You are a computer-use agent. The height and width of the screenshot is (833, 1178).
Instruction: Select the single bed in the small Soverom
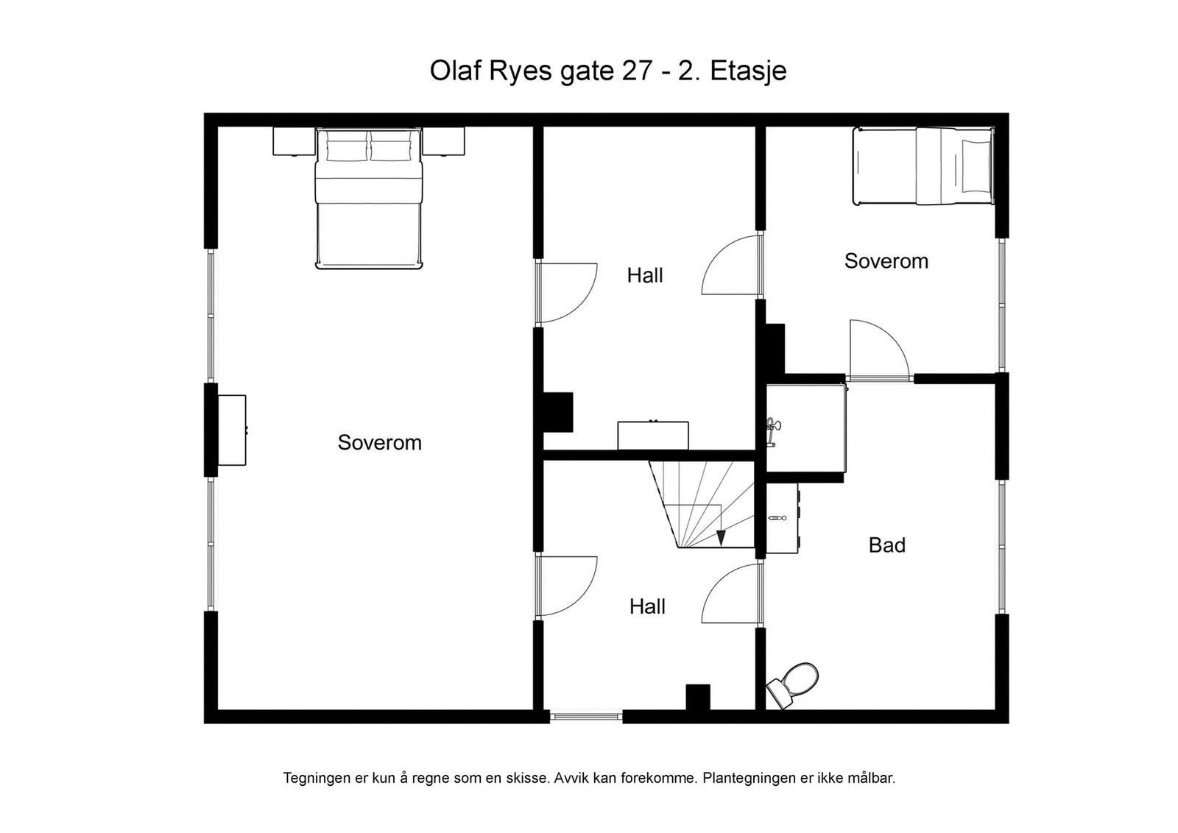[922, 166]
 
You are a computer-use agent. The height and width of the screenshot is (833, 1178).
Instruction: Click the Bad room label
[886, 545]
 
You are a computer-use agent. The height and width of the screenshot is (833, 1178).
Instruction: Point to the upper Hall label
[645, 275]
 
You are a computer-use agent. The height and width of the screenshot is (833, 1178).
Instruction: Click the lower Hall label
[647, 606]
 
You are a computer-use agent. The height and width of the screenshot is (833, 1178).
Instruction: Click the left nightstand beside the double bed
[294, 141]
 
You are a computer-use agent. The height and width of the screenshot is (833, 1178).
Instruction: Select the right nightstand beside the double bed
[443, 141]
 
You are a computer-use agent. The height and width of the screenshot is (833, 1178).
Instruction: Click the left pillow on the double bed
[346, 149]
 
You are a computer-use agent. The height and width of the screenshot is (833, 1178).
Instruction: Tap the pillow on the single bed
[976, 166]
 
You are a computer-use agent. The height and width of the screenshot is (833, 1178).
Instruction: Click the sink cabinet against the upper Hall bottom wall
[652, 435]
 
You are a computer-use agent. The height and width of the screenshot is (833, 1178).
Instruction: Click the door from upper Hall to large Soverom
[567, 294]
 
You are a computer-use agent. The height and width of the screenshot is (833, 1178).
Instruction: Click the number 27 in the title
[636, 71]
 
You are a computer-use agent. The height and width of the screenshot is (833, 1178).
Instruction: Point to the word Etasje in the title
[748, 71]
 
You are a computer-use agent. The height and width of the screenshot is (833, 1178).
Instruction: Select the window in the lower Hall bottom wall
[587, 715]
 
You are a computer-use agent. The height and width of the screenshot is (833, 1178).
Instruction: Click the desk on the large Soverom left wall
[231, 430]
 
